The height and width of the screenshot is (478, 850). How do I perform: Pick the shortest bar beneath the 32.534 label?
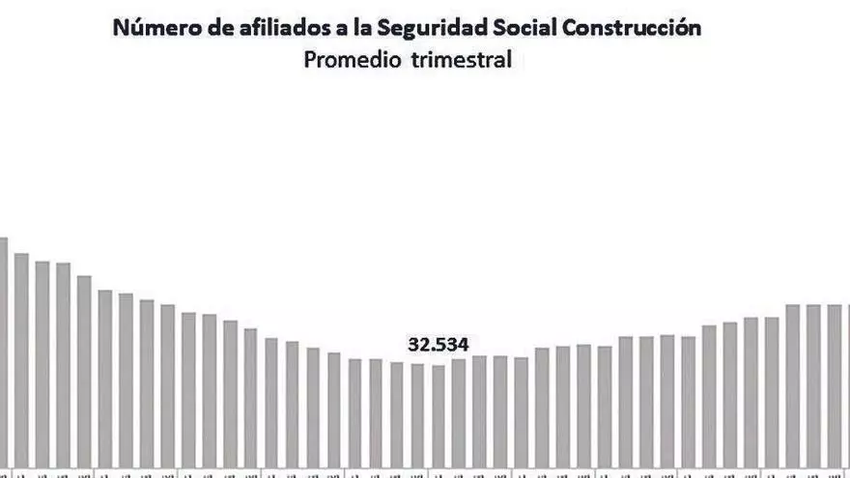click(439, 415)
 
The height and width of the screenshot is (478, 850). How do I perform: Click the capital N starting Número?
click(121, 28)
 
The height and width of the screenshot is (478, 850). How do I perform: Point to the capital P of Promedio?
click(311, 60)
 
